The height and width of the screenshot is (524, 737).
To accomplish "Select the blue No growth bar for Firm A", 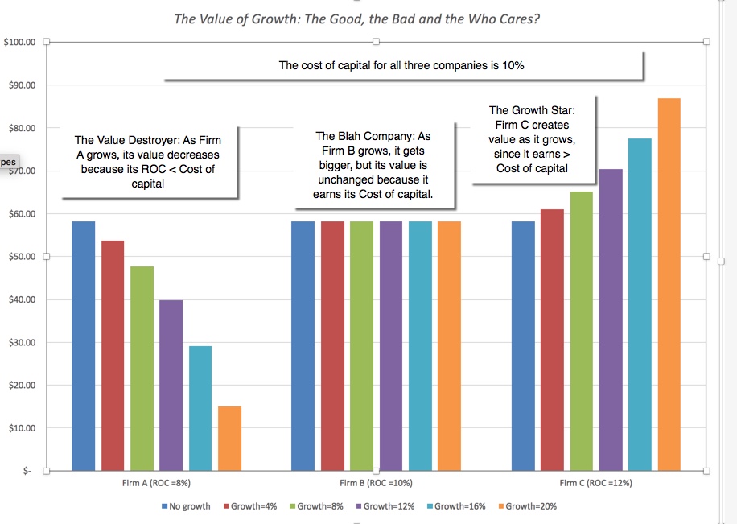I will pos(84,345).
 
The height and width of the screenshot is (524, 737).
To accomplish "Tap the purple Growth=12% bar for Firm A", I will pos(171,385).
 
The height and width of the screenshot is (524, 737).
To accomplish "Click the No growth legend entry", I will pos(186,506).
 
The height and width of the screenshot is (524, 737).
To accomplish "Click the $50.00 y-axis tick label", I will pos(22,257).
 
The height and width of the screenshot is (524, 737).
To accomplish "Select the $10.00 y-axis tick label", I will pos(22,428).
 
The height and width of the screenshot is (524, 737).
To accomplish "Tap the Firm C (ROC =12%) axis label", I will pos(595,484).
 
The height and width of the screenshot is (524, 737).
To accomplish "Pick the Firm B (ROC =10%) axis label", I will pos(376,484).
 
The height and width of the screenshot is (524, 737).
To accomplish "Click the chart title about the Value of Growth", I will pos(357,19).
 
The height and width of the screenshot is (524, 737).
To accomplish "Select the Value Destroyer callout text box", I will pos(150,162).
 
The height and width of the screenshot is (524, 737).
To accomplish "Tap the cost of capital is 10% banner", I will pos(401,65).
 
